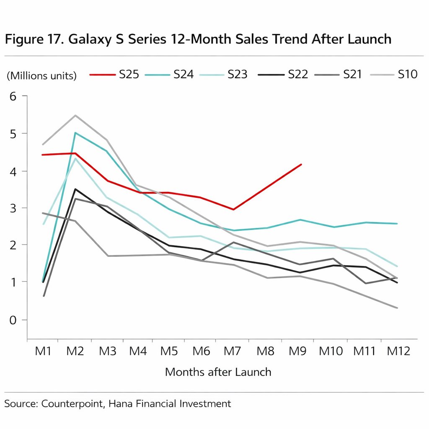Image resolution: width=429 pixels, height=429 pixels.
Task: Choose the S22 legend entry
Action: [x=283, y=75]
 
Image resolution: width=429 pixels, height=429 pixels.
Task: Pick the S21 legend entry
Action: [x=339, y=75]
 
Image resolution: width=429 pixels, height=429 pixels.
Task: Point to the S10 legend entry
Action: [x=394, y=75]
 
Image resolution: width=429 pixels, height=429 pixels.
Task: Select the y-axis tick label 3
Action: [x=12, y=208]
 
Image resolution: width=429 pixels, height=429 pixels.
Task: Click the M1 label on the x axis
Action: [x=43, y=351]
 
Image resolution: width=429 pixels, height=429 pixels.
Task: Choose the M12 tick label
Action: [x=398, y=351]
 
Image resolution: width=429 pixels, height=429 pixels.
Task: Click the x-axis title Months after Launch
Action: [x=218, y=372]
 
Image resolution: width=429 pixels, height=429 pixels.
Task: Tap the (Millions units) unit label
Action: [x=42, y=76]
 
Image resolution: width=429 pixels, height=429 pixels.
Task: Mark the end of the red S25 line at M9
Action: [x=301, y=165]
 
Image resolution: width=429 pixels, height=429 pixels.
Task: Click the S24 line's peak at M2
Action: [x=75, y=133]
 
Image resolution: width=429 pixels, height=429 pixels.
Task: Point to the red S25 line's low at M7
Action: [x=233, y=209]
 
